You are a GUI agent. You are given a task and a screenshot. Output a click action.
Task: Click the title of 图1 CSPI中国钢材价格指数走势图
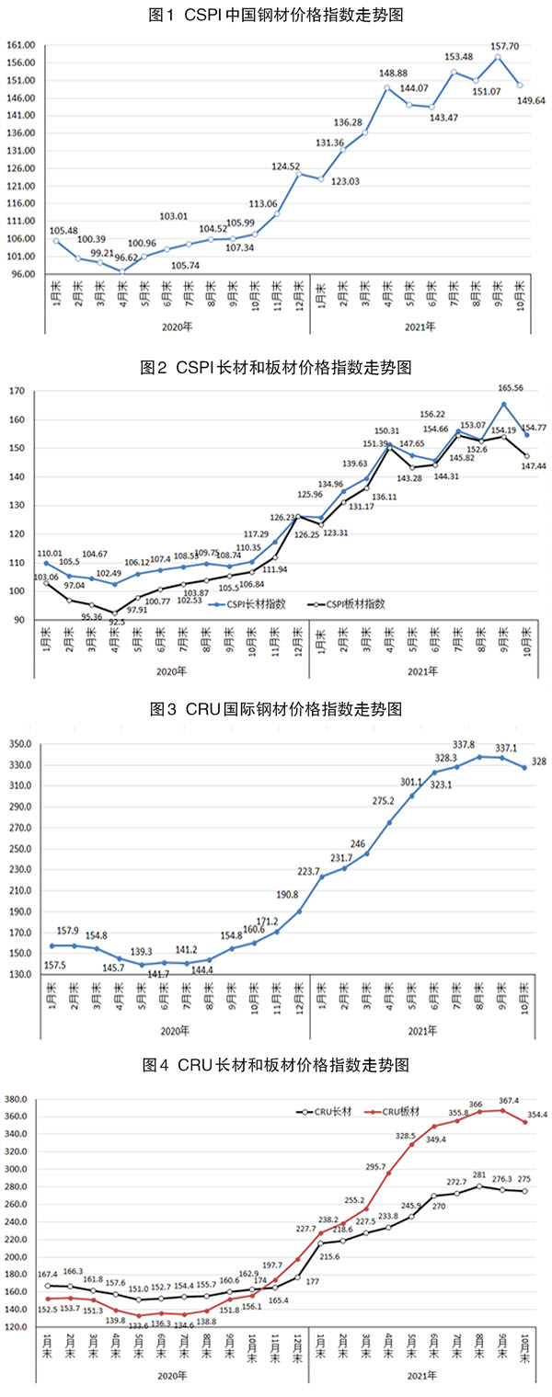click(277, 16)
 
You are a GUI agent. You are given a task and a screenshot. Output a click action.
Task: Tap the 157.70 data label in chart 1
click(497, 43)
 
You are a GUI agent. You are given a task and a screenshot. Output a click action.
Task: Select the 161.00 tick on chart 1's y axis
click(20, 45)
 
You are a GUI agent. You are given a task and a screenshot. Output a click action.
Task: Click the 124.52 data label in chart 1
click(286, 166)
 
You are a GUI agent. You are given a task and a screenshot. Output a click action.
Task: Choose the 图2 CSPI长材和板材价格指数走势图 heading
click(276, 368)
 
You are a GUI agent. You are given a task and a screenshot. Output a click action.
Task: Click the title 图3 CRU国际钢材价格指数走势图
click(276, 709)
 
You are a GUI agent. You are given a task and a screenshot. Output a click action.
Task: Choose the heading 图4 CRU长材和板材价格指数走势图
click(276, 1065)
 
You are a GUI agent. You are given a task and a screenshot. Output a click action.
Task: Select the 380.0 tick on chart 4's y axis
click(19, 1099)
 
